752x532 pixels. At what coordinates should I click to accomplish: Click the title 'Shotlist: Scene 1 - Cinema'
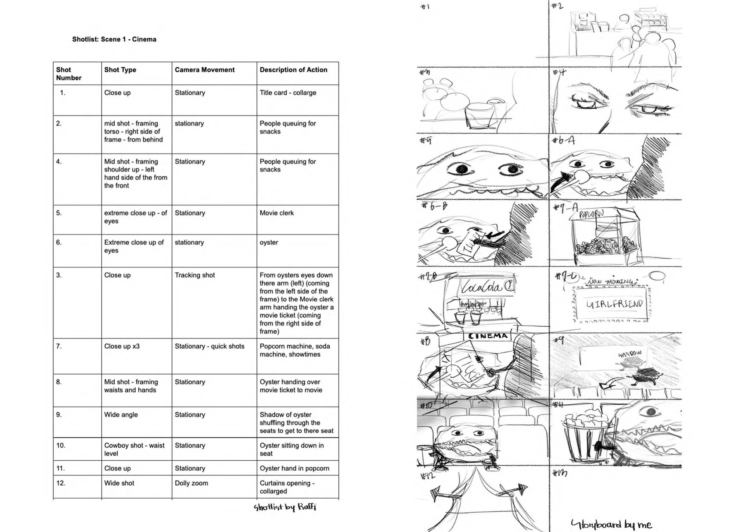114,39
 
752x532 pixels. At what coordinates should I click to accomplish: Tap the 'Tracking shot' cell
195,275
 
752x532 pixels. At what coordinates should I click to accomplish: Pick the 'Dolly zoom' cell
191,483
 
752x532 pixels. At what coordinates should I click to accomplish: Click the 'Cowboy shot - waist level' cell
134,449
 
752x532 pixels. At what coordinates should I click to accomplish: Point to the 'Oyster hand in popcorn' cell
294,468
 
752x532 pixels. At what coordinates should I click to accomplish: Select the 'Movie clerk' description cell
276,213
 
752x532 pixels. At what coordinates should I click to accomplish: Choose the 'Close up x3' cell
122,346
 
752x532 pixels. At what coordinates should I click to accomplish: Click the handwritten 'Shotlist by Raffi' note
285,507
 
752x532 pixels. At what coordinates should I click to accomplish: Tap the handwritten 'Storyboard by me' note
611,524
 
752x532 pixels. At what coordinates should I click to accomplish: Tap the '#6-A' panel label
563,141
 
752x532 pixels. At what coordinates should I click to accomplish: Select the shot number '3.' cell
59,275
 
